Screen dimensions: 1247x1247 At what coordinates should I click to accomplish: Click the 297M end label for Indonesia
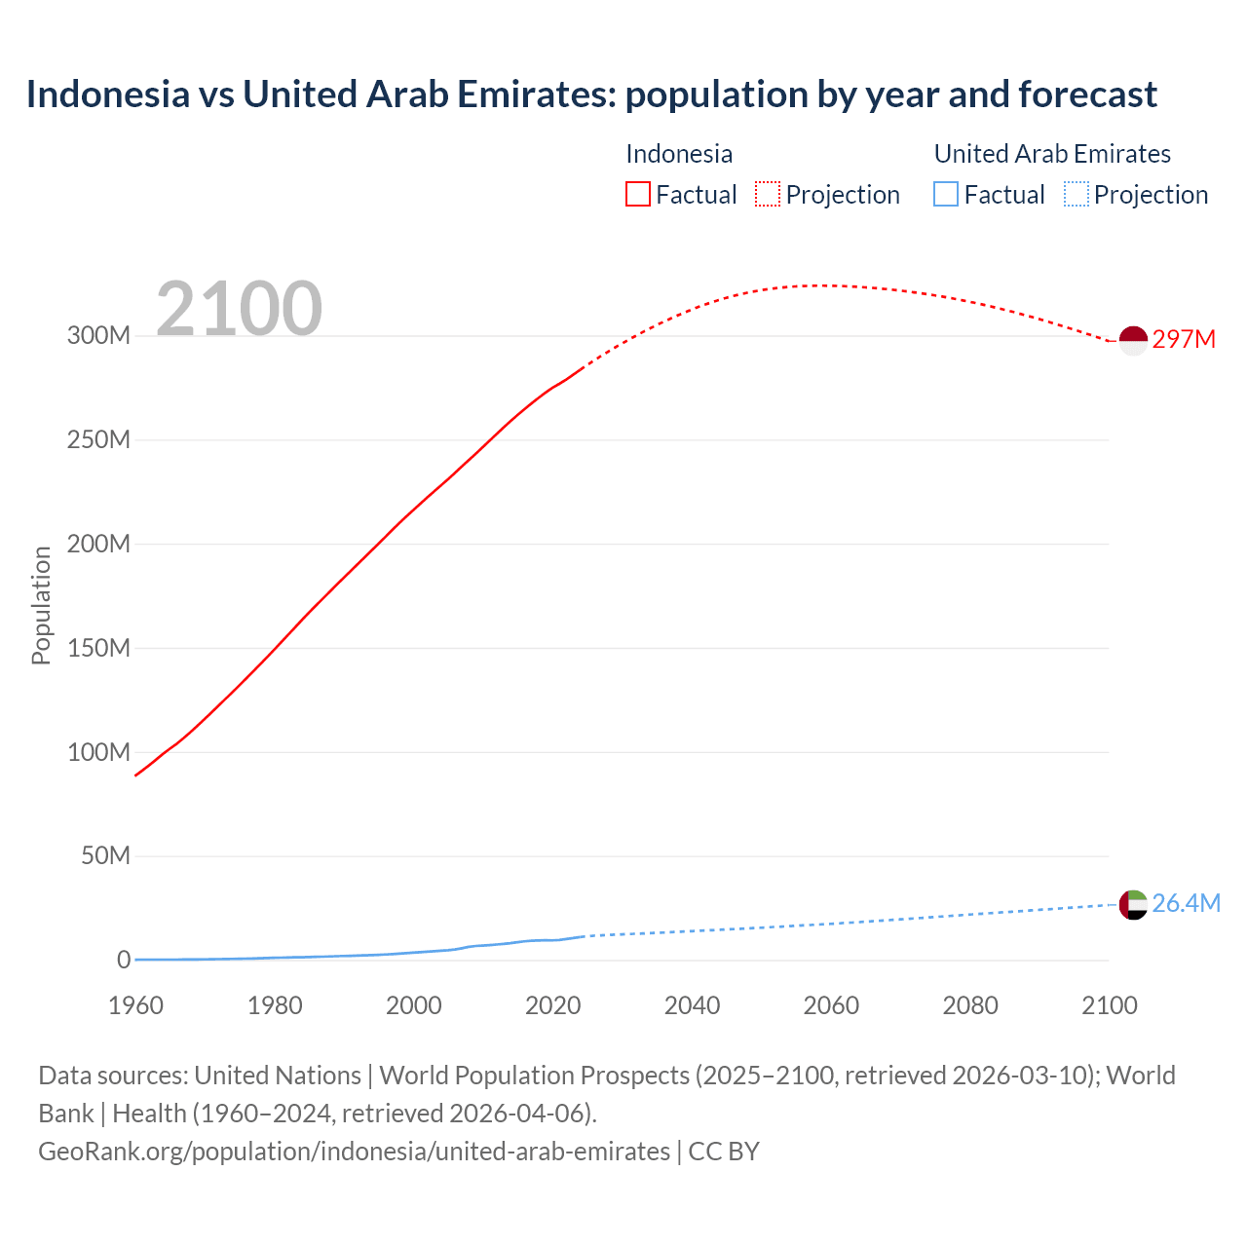(1184, 339)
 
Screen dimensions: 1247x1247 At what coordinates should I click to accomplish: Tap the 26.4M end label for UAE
(1186, 903)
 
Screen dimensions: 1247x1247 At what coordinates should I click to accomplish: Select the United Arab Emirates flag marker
(1133, 904)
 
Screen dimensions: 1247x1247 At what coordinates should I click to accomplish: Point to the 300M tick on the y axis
(98, 335)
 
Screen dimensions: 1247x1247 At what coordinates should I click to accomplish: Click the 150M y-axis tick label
(98, 648)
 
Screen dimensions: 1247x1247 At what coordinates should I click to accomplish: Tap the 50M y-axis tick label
(105, 855)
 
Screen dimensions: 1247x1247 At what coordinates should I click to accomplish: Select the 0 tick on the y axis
(123, 960)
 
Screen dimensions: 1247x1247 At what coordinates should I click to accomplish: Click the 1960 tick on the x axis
(135, 1005)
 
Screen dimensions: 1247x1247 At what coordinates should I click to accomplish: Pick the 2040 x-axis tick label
(692, 1005)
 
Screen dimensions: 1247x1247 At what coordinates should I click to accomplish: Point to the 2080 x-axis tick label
(970, 1005)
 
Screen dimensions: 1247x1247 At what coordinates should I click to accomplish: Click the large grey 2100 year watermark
(239, 308)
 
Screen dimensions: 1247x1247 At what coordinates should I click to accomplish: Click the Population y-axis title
(41, 605)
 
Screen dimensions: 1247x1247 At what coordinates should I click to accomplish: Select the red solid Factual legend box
(637, 194)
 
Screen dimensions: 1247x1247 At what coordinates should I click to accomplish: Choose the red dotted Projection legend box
(768, 194)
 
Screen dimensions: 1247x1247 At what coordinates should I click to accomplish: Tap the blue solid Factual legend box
(945, 194)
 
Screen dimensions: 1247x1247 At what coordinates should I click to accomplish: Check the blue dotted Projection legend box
(1076, 194)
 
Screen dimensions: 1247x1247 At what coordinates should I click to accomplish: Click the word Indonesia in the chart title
(108, 94)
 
